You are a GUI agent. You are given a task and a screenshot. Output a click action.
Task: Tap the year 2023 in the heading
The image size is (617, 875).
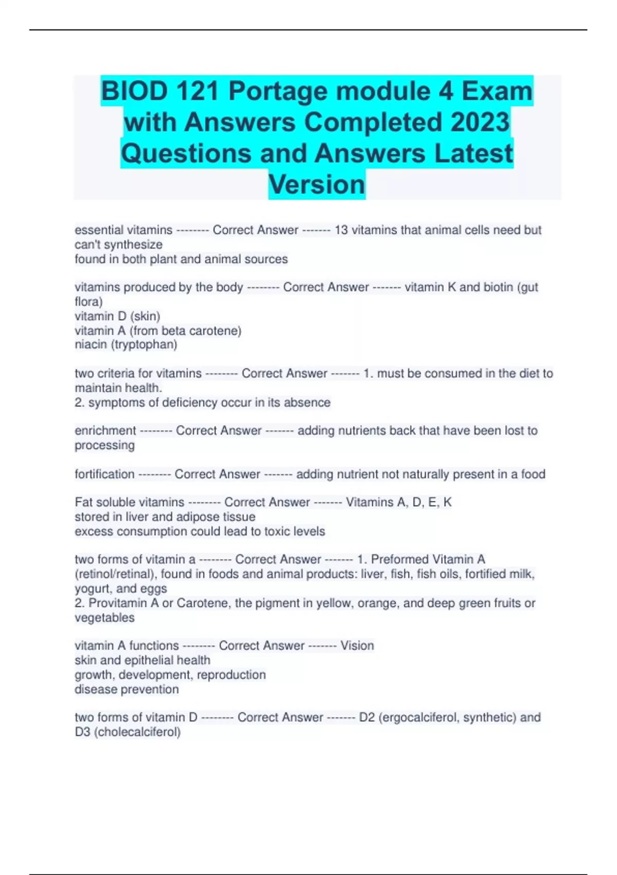(480, 122)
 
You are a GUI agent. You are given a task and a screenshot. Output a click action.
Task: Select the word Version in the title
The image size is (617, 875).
(317, 184)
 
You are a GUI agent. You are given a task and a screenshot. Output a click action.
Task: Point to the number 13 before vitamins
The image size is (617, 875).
(341, 230)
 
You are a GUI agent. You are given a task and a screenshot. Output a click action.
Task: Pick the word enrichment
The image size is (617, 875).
(105, 430)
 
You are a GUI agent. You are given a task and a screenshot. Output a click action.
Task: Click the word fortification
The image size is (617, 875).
(104, 474)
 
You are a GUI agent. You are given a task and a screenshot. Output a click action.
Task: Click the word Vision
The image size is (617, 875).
(357, 645)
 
